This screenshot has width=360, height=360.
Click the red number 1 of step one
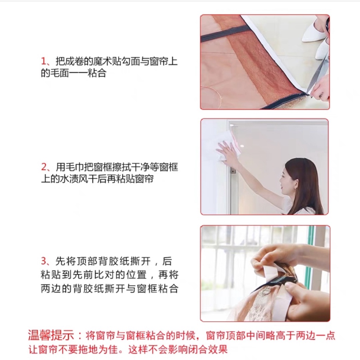44,62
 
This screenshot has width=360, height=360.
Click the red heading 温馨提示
51,336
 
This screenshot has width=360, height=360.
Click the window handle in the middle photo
233,171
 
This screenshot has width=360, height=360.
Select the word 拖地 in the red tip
88,349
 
